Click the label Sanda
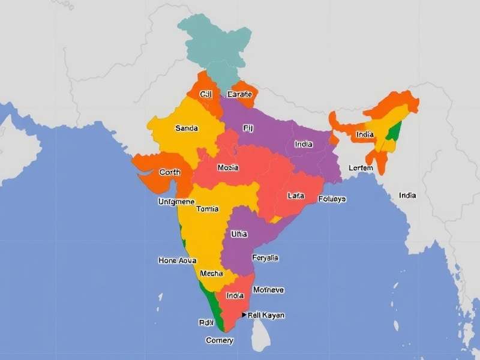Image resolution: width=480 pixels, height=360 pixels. (187, 128)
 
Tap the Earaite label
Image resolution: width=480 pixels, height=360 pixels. (241, 94)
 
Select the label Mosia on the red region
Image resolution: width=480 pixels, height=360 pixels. (228, 168)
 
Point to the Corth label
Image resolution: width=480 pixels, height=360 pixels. (170, 172)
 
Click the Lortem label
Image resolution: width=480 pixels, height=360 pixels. (361, 168)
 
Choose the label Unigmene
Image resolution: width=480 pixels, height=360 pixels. (176, 202)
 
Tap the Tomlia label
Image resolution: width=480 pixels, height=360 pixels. (207, 209)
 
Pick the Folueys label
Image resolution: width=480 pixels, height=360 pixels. (332, 199)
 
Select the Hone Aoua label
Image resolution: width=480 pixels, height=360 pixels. (177, 260)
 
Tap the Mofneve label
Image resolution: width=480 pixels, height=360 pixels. (268, 290)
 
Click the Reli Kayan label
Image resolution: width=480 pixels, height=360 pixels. (266, 315)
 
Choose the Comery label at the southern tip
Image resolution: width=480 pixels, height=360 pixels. (220, 340)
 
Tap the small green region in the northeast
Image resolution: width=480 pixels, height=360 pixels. (394, 132)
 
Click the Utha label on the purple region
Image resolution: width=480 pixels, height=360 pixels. (239, 234)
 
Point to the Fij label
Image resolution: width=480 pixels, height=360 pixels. (248, 128)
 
